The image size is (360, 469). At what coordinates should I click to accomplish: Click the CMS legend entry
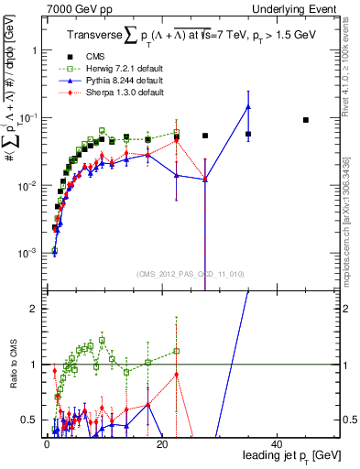click(x=94, y=57)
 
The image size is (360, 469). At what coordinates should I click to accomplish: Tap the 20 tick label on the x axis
click(x=160, y=443)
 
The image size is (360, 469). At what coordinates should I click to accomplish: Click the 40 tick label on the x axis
click(x=276, y=443)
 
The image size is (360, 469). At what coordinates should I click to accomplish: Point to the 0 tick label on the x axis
click(x=46, y=443)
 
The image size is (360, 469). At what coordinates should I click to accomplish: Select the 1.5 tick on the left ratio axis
click(x=28, y=336)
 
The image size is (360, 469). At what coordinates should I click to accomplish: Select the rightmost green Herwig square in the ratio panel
click(x=177, y=351)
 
